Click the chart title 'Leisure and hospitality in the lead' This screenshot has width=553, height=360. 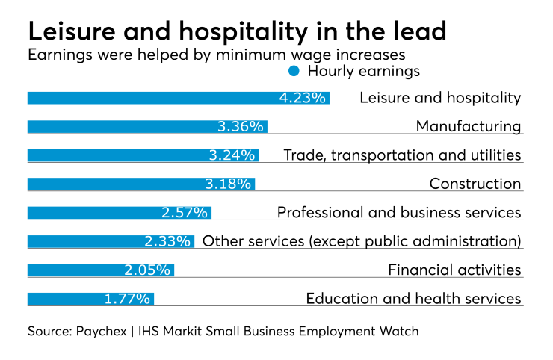(x=236, y=31)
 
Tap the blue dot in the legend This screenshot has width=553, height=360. (x=294, y=72)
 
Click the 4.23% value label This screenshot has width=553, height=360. (x=302, y=98)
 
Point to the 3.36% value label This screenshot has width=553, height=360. (x=240, y=127)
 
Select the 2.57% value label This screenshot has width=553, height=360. (x=184, y=213)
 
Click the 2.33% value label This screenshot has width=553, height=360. (x=167, y=241)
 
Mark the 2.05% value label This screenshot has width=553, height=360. (x=147, y=270)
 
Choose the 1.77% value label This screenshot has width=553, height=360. (x=127, y=299)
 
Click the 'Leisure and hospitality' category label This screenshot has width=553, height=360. (x=440, y=98)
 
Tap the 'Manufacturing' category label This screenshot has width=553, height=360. (x=468, y=127)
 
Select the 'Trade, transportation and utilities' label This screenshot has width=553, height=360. (x=402, y=155)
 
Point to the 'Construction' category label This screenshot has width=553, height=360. (x=475, y=184)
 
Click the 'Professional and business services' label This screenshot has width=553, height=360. (x=398, y=213)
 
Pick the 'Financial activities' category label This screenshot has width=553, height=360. (x=454, y=270)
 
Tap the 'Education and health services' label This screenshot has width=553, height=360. (x=413, y=299)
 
